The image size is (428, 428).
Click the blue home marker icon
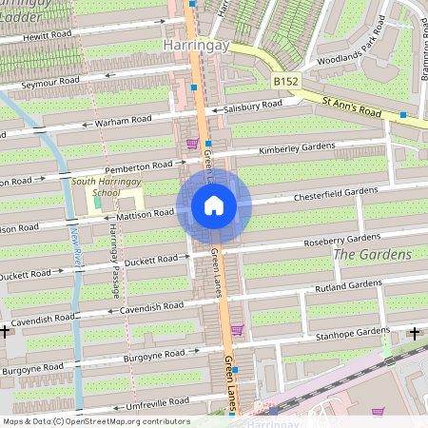click(x=214, y=205)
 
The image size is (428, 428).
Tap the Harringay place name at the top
click(x=198, y=44)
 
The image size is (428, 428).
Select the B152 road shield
click(x=286, y=82)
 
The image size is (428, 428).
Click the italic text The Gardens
click(x=372, y=255)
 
